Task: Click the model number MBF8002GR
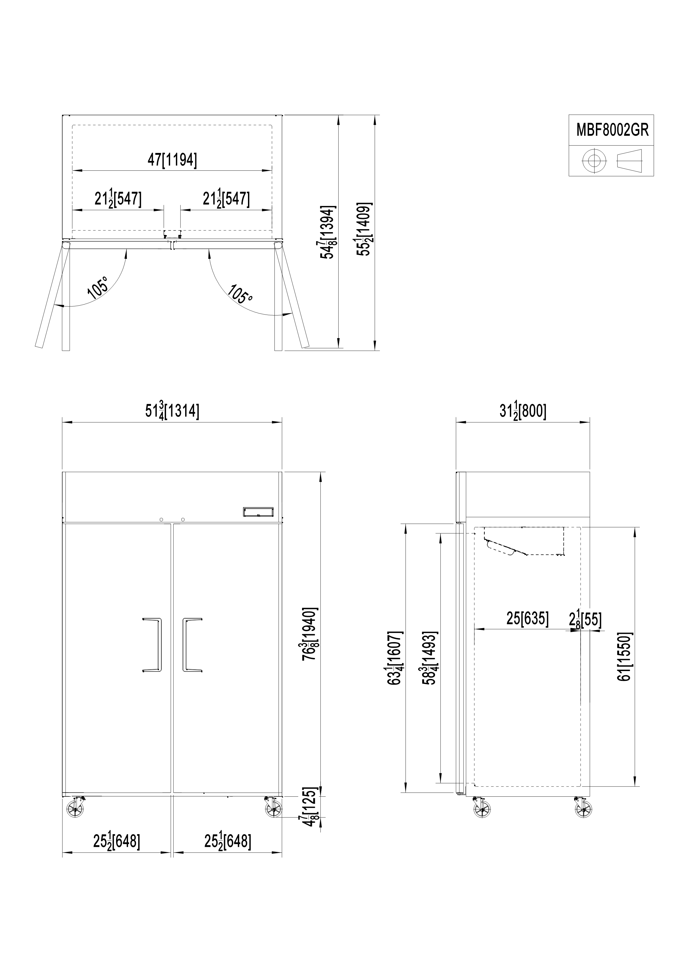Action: (612, 130)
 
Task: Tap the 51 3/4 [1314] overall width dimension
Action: (172, 411)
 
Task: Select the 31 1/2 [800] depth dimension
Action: (523, 411)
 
